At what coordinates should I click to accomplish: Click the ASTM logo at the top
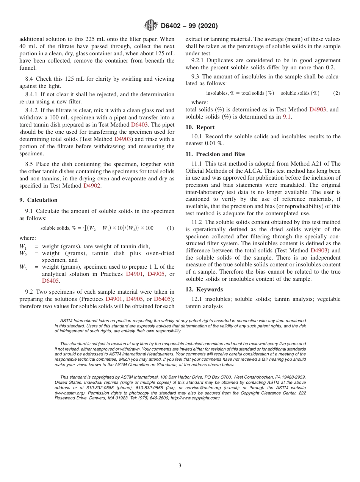coord(151,26)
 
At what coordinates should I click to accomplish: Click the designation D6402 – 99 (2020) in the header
coord(189,26)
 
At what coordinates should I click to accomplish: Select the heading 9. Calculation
coord(38,200)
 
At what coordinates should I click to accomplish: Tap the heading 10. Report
coord(200,127)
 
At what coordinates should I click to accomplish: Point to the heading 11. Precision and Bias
coord(215,154)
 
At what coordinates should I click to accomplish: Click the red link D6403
coord(139,125)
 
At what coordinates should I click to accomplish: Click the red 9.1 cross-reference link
coord(287,117)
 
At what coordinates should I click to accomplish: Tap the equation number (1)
coord(171,228)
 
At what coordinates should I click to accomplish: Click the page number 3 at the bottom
coord(180,466)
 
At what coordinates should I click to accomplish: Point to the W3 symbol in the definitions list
coord(23,268)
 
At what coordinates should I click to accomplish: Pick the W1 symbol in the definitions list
coord(23,247)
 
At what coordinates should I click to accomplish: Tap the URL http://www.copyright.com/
coord(195,398)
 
